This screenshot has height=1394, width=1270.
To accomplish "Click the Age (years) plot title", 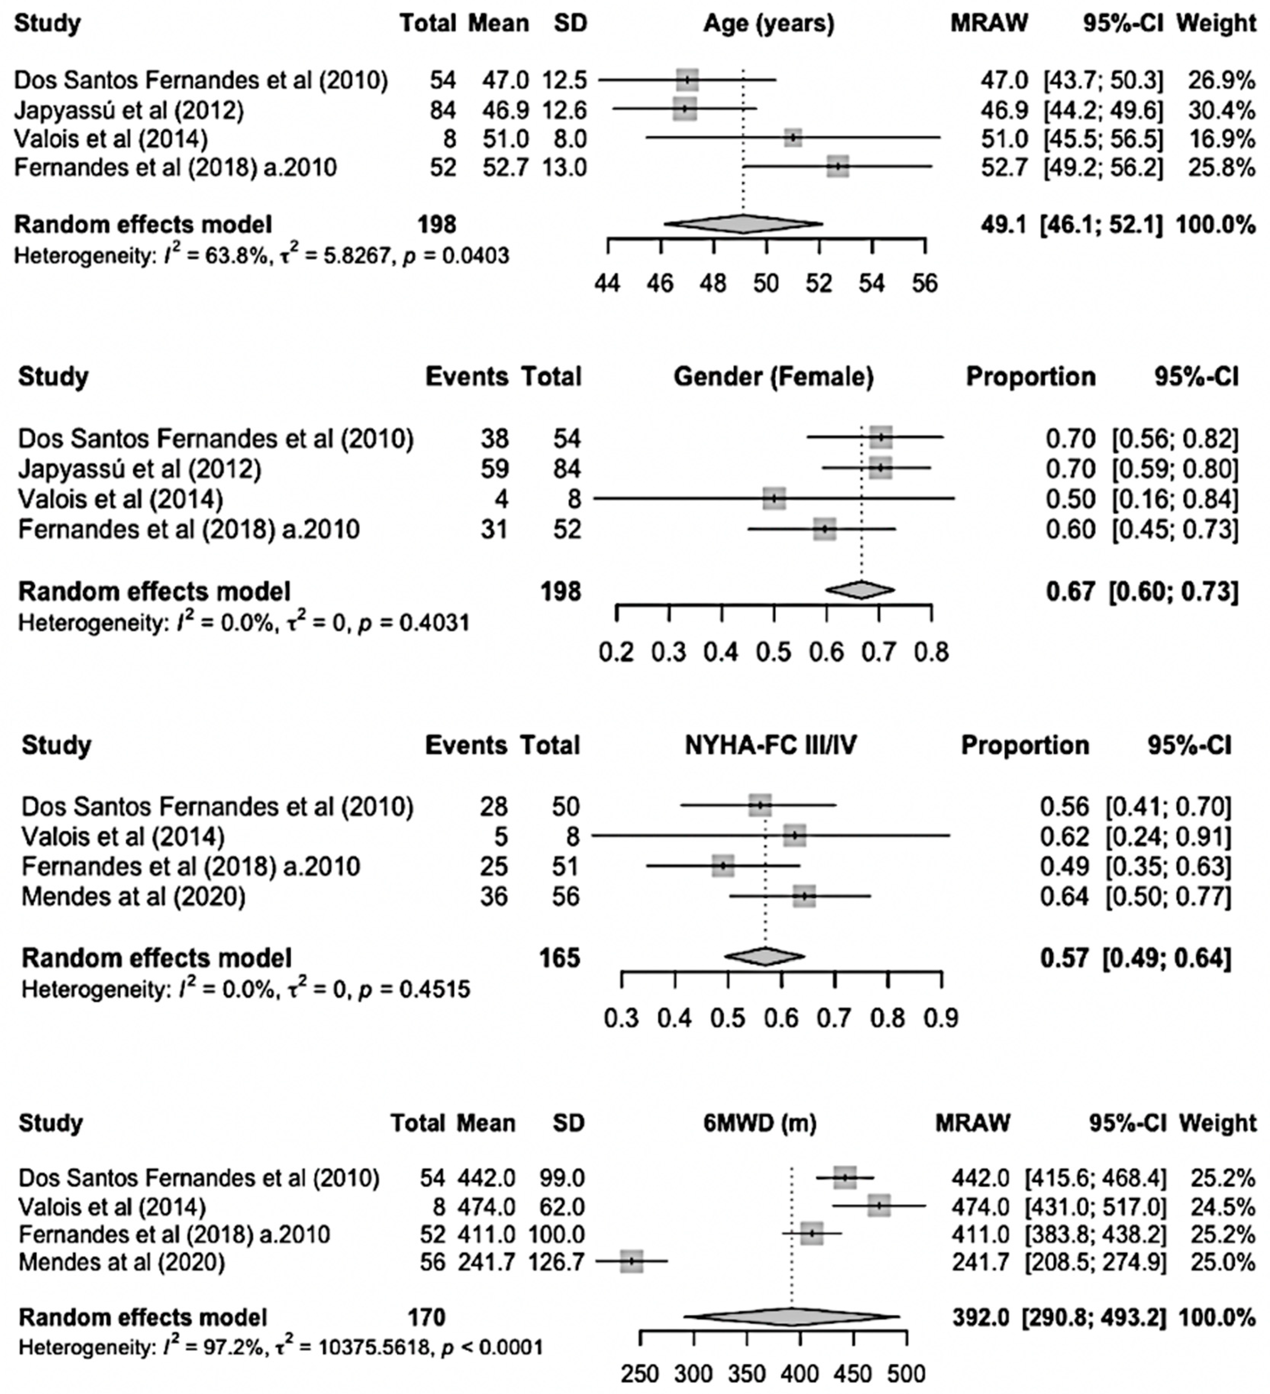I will pyautogui.click(x=769, y=24).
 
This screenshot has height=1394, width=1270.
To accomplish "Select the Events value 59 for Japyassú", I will pyautogui.click(x=494, y=469).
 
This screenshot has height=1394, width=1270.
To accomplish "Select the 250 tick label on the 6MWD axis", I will pyautogui.click(x=640, y=1373).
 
